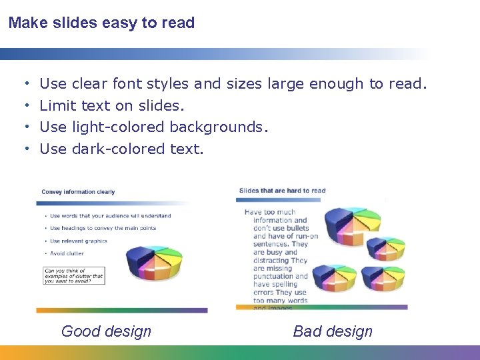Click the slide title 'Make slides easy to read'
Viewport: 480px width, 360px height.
[101, 23]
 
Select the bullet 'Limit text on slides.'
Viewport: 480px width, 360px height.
[112, 105]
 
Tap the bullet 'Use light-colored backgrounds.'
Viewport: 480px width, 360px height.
[154, 127]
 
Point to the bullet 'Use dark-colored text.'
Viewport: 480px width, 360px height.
[121, 149]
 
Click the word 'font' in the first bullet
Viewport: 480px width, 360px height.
[127, 84]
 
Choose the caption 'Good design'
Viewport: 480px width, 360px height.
[106, 331]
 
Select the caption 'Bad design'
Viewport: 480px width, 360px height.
[333, 331]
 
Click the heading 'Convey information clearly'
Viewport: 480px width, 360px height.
[78, 192]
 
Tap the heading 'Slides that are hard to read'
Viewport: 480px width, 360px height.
[282, 191]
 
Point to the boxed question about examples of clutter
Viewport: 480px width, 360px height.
[74, 276]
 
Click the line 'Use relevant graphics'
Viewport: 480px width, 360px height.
[78, 241]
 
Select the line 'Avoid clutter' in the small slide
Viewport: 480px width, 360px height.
[67, 253]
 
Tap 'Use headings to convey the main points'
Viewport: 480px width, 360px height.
[103, 228]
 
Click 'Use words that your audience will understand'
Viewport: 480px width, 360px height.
[110, 215]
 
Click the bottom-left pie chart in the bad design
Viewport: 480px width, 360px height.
[333, 278]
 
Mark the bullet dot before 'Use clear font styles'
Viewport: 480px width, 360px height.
[25, 84]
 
